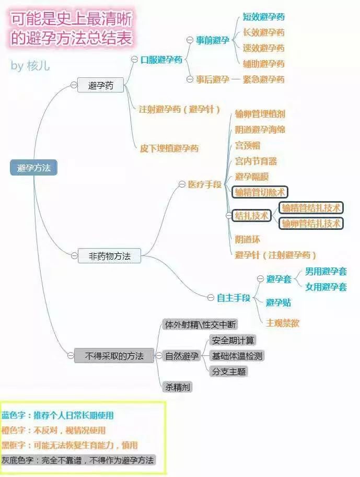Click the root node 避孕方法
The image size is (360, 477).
point(33,167)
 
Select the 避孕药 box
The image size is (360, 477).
point(100,85)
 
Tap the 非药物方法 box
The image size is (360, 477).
point(109,256)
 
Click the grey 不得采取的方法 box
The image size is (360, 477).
point(114,355)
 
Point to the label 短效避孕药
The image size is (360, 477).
point(263,17)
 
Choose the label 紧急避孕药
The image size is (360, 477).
point(263,79)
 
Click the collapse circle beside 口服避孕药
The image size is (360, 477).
point(134,60)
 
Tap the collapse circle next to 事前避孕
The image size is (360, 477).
point(190,40)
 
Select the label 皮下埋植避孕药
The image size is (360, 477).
point(169,148)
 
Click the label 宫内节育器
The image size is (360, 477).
point(256,161)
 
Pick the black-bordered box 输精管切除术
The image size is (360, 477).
point(260,192)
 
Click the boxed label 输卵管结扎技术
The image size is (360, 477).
point(311,224)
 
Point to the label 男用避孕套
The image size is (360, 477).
point(326,271)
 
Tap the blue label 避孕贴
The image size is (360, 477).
point(278,303)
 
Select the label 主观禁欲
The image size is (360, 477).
point(283,323)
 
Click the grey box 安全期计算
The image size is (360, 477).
point(233,340)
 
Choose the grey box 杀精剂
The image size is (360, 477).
point(178,387)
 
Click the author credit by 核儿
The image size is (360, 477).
point(30,66)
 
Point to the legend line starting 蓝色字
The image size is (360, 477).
point(57,415)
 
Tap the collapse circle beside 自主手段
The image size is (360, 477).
point(211,297)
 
